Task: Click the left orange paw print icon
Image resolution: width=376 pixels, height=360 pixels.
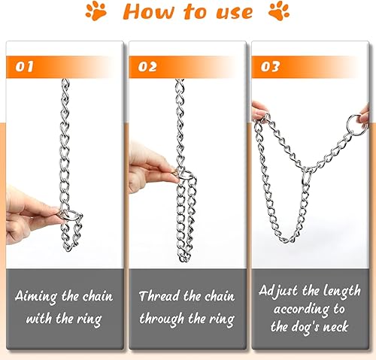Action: (96, 12)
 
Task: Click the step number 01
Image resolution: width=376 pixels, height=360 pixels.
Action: (25, 66)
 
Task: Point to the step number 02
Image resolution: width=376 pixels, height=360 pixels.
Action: (148, 66)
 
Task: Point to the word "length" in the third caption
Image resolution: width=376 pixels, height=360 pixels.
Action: (338, 289)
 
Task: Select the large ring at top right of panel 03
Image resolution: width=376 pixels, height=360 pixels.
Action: (350, 122)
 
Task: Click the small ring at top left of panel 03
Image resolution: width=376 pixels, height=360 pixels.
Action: (265, 117)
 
